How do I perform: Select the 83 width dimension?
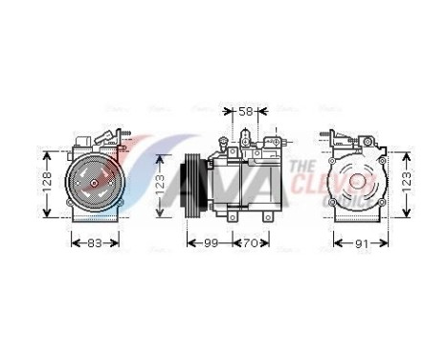92,243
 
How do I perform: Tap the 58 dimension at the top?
245,112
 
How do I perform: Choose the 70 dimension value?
251,243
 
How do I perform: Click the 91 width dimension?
361,243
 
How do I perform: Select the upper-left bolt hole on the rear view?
334,153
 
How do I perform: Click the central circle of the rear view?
358,181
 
